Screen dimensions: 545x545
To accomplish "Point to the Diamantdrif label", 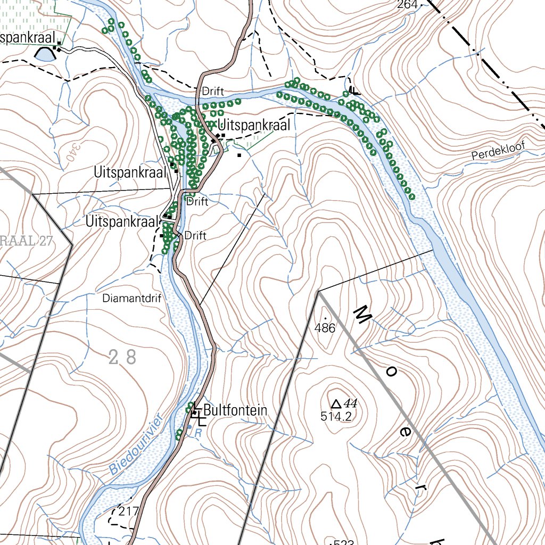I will pos(131,299).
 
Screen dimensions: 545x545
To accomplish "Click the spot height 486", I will pos(325,328).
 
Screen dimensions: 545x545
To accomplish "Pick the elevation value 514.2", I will pos(336,417).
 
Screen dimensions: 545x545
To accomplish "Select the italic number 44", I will pos(350,403).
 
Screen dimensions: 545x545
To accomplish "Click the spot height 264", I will pos(407,5).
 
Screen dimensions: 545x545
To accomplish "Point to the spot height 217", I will pos(129,511).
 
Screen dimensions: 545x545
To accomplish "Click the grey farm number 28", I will pos(122,357).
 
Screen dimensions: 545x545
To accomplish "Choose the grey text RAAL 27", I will pos(27,241).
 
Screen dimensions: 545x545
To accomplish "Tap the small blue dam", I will pos(45,54).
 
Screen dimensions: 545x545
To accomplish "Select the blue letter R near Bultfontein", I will pos(197,433).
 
